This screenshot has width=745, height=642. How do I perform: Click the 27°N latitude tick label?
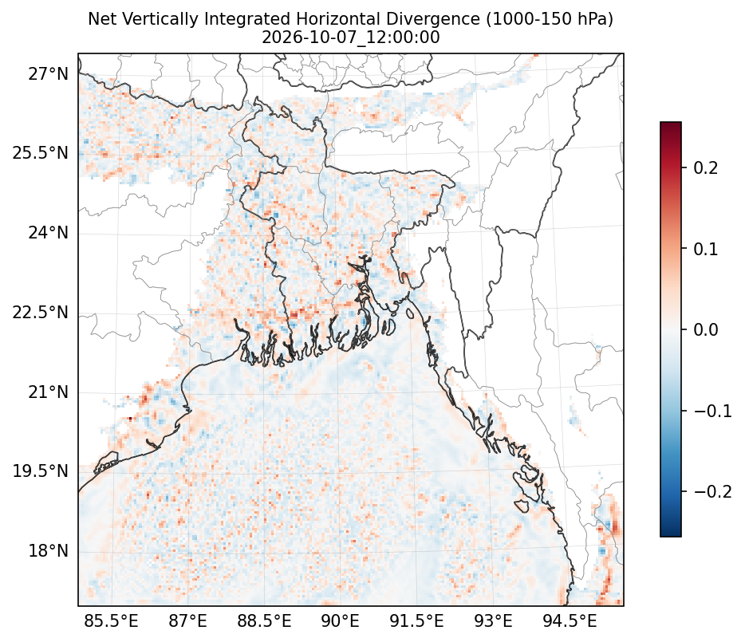pyautogui.click(x=49, y=74)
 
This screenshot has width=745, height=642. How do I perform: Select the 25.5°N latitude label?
pyautogui.click(x=41, y=153)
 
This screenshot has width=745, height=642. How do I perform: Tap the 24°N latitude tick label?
pyautogui.click(x=49, y=233)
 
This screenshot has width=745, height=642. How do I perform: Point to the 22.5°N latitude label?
pyautogui.click(x=41, y=313)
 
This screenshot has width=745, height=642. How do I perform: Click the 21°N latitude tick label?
pyautogui.click(x=49, y=392)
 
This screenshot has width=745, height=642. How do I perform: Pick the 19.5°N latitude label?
pyautogui.click(x=41, y=471)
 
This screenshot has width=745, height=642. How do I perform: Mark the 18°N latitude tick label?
pyautogui.click(x=49, y=551)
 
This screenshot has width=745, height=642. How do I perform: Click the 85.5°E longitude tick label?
pyautogui.click(x=111, y=620)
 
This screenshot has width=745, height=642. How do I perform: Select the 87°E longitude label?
pyautogui.click(x=187, y=620)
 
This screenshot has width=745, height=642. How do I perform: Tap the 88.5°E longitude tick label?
pyautogui.click(x=264, y=620)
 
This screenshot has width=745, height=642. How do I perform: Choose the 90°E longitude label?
pyautogui.click(x=340, y=620)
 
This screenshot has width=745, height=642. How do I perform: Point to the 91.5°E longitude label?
pyautogui.click(x=416, y=620)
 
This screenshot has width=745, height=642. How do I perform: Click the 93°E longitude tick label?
pyautogui.click(x=493, y=620)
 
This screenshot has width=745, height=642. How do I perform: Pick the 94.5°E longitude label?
pyautogui.click(x=570, y=620)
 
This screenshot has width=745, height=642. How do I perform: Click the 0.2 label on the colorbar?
pyautogui.click(x=706, y=167)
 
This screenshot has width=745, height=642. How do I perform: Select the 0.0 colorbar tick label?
pyautogui.click(x=706, y=329)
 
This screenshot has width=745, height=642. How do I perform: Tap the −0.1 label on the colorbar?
pyautogui.click(x=713, y=411)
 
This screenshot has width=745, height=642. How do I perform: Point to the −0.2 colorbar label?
pyautogui.click(x=713, y=491)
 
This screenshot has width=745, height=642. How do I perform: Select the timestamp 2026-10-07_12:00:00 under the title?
pyautogui.click(x=351, y=37)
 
